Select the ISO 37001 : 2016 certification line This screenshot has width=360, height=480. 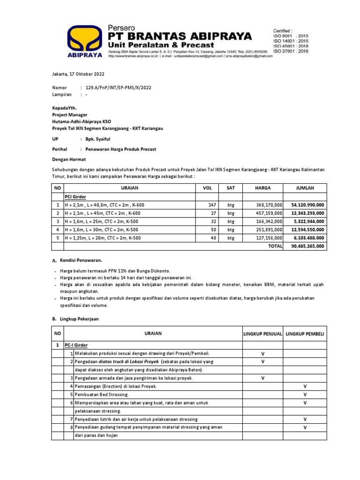coord(291,51)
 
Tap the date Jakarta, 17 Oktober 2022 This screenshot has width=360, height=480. coord(78,74)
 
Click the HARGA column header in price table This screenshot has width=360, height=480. coord(262,188)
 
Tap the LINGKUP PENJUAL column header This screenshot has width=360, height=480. coord(262,334)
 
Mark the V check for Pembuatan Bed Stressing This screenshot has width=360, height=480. coord(305,395)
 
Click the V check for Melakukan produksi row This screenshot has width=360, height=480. coord(262,353)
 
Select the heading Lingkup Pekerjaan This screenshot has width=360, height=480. coord(79,319)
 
